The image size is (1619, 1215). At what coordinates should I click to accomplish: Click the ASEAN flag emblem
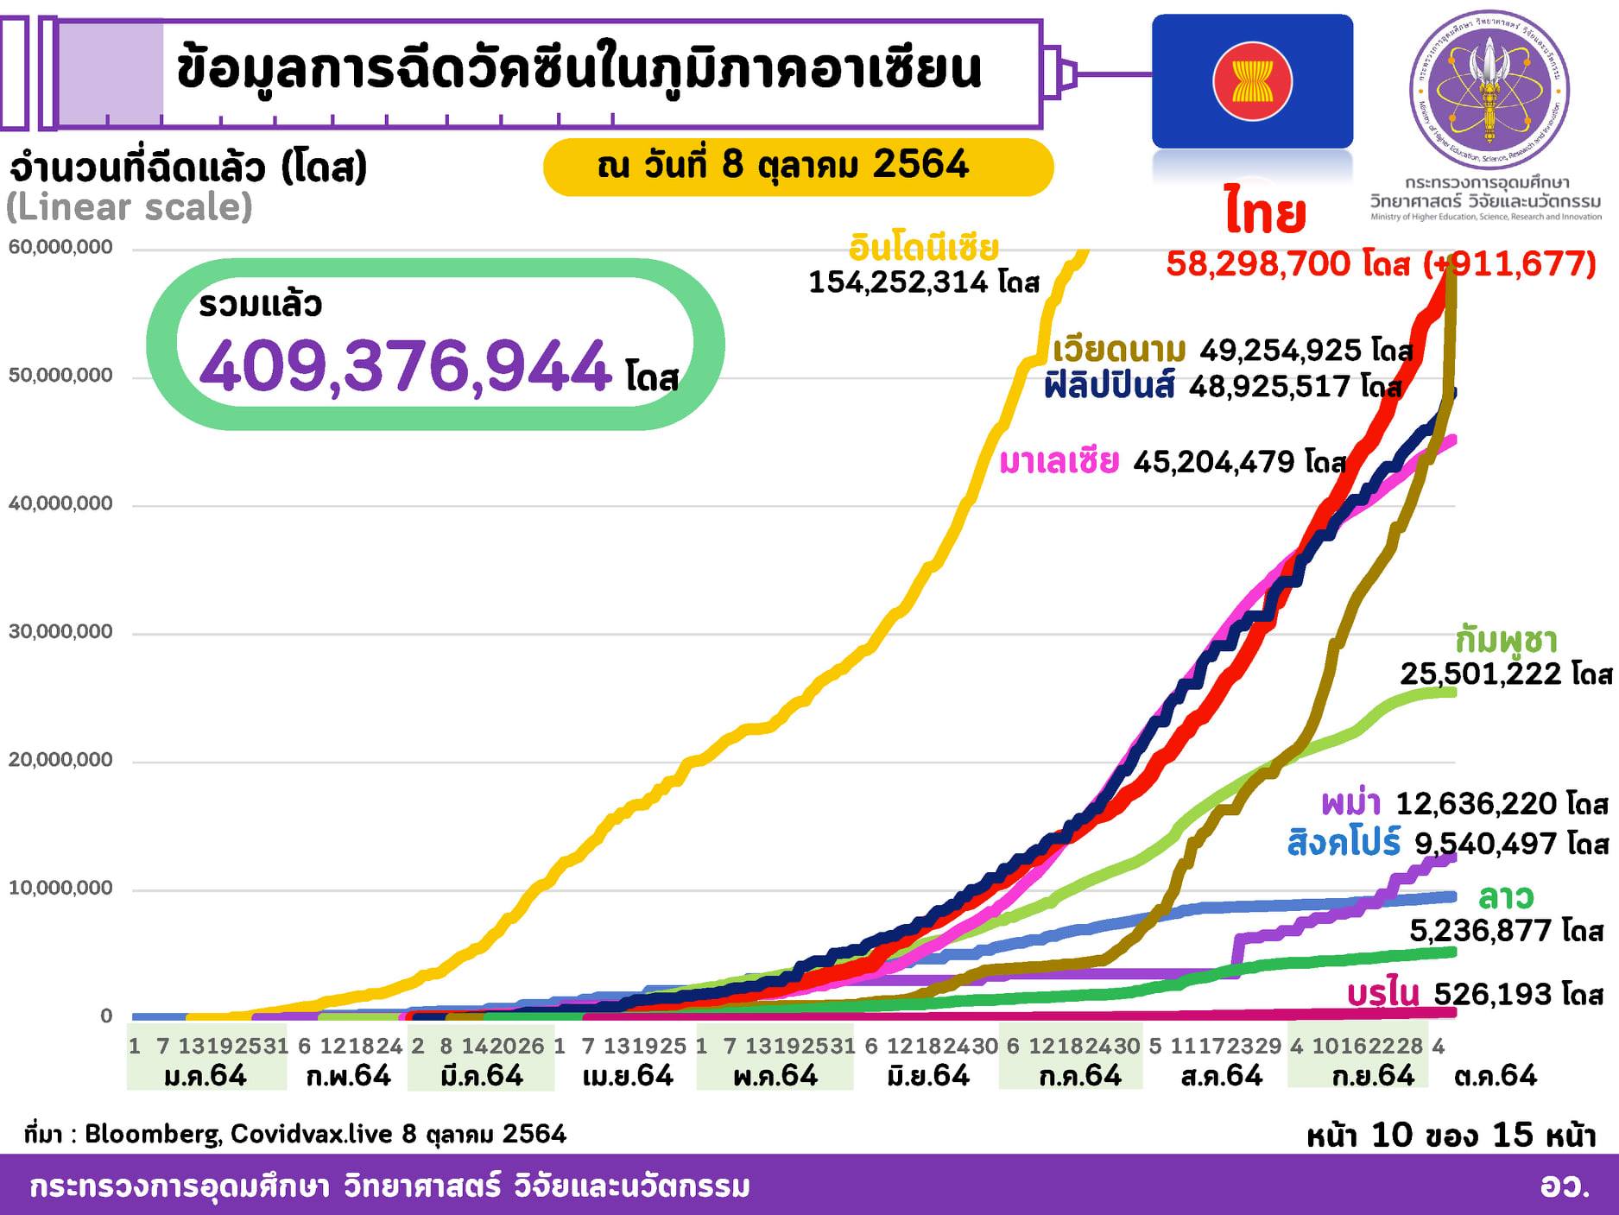tap(1252, 81)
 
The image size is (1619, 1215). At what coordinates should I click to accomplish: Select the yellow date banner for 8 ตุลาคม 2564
tap(798, 166)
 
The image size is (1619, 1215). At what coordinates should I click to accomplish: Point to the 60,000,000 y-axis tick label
tap(61, 248)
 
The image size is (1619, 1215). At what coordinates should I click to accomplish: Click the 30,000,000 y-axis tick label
tap(61, 632)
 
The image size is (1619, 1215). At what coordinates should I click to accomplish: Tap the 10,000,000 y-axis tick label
tap(61, 889)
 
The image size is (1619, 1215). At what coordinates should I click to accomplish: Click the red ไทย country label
tap(1265, 215)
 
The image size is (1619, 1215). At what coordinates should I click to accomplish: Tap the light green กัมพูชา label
tap(1506, 641)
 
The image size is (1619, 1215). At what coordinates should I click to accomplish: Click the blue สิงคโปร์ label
tap(1344, 843)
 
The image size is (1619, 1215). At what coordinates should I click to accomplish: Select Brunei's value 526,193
tap(1496, 995)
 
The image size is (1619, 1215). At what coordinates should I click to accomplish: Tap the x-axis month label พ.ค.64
tap(775, 1076)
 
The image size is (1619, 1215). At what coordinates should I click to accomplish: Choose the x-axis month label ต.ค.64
tap(1496, 1076)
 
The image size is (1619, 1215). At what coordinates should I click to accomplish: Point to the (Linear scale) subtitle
tap(130, 208)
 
